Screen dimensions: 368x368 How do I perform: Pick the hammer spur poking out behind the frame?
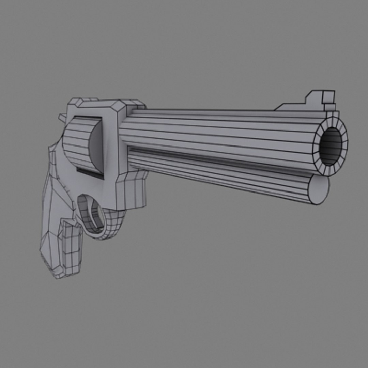point(62,118)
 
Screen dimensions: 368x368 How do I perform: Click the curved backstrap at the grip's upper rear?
point(55,150)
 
